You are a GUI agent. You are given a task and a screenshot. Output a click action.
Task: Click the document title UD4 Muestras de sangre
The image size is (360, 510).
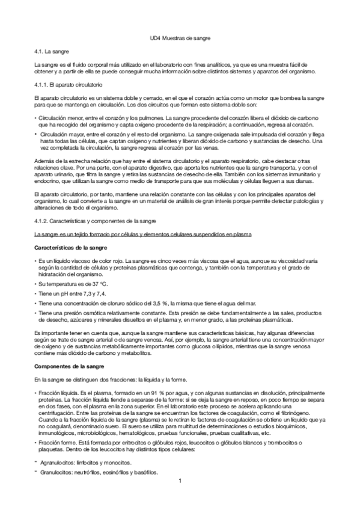(180, 38)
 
